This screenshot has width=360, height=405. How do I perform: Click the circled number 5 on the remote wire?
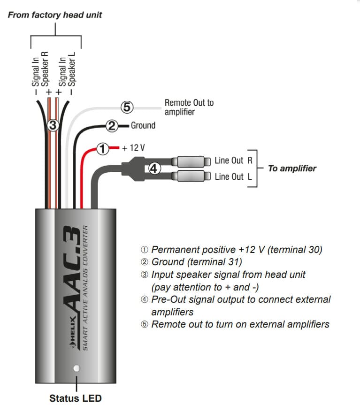pyautogui.click(x=127, y=107)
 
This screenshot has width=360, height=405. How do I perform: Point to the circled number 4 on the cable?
pyautogui.click(x=154, y=168)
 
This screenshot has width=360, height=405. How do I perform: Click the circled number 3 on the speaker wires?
pyautogui.click(x=53, y=125)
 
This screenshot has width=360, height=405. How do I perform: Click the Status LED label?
pyautogui.click(x=75, y=398)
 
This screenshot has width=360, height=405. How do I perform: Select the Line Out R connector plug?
pyautogui.click(x=191, y=161)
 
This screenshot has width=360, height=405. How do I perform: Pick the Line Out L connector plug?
pyautogui.click(x=191, y=177)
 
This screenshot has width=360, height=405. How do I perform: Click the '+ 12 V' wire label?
pyautogui.click(x=133, y=148)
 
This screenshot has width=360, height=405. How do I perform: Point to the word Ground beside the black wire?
pyautogui.click(x=143, y=125)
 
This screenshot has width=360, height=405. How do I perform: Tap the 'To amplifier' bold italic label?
pyautogui.click(x=291, y=168)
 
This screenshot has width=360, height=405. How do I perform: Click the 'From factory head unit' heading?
pyautogui.click(x=55, y=15)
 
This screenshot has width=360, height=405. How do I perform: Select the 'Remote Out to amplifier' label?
pyautogui.click(x=189, y=107)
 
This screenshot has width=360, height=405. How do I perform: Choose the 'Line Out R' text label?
pyautogui.click(x=233, y=160)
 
